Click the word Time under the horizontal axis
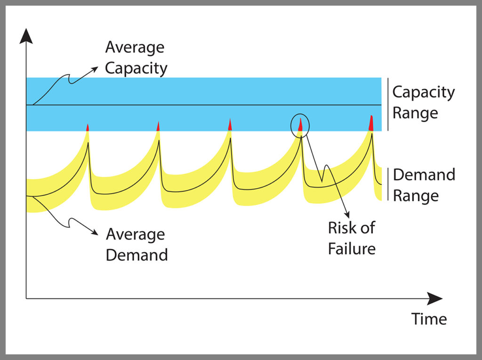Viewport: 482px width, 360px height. [x=429, y=319]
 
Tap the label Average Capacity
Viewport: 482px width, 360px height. [x=136, y=57]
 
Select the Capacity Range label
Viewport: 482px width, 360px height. [x=423, y=102]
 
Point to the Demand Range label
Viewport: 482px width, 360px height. [x=424, y=184]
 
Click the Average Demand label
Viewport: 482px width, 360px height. [x=137, y=244]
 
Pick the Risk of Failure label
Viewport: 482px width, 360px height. [x=351, y=238]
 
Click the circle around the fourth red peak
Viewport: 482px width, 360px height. [x=300, y=125]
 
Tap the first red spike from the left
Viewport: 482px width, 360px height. [x=88, y=127]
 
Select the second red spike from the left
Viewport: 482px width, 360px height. [x=158, y=126]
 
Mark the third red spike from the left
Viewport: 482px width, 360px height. [x=230, y=125]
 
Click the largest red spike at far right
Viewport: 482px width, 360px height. [x=371, y=123]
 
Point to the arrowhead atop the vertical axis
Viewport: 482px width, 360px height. [x=26, y=36]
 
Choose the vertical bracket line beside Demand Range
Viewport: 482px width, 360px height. [x=387, y=184]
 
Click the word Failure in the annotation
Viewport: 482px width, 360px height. [x=351, y=248]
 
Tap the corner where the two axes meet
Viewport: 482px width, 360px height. [x=26, y=298]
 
